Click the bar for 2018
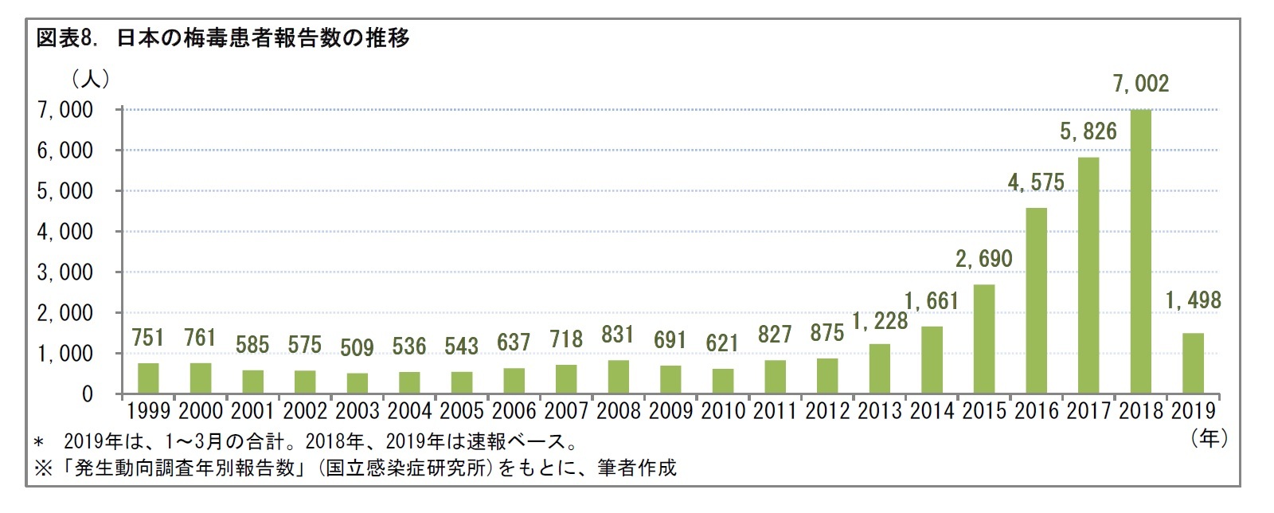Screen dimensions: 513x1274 click(1140, 252)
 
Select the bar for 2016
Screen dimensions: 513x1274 click(1036, 301)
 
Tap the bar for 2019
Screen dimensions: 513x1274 click(1193, 363)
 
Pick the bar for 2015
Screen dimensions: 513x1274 click(984, 339)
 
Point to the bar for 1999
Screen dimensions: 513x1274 click(148, 378)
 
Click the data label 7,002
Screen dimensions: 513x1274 click(1140, 84)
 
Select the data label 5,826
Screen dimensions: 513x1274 click(1088, 131)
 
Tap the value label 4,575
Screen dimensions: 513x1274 click(1035, 182)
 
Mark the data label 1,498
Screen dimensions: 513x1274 click(1193, 300)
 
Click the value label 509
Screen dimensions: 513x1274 click(357, 347)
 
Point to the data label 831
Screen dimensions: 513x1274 click(618, 335)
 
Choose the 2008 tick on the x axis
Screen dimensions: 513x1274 click(618, 411)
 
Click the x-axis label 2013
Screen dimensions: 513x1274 click(879, 411)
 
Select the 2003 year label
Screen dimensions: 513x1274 click(357, 411)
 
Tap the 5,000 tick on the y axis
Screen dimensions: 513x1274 click(65, 191)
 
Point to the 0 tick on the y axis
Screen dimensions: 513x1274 click(87, 394)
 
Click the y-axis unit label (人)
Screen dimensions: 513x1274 click(91, 79)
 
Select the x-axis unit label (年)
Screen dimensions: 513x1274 click(1209, 437)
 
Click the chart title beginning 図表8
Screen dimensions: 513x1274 click(223, 38)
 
